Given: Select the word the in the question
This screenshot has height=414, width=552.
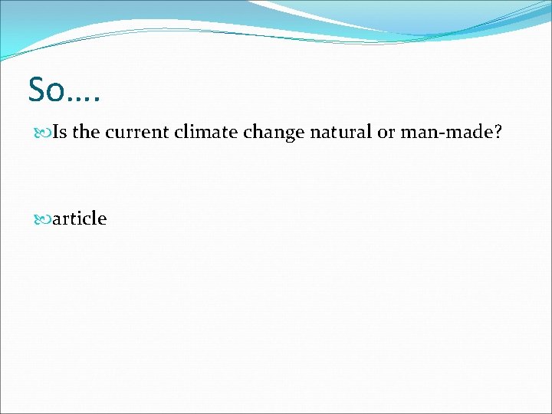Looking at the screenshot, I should (x=87, y=132).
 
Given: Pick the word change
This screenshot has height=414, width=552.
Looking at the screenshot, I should (x=274, y=133).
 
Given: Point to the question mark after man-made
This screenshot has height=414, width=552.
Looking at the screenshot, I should (x=498, y=132).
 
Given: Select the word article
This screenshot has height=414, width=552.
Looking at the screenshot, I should (x=80, y=219).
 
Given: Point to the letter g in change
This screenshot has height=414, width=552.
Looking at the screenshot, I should (x=286, y=135).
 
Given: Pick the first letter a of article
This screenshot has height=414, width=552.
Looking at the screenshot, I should (x=58, y=220).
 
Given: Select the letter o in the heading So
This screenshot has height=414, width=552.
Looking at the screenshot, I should (x=58, y=93).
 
